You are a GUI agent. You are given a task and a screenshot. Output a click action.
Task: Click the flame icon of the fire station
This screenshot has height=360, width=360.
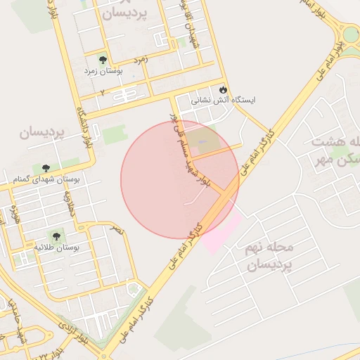tap(224, 89)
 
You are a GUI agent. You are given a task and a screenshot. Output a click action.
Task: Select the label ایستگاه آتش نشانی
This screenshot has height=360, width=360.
tap(224, 101)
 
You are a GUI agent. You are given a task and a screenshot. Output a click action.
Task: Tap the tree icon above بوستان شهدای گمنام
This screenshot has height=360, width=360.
tap(46, 168)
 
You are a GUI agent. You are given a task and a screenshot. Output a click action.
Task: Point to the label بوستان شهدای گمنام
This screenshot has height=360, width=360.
tap(46, 180)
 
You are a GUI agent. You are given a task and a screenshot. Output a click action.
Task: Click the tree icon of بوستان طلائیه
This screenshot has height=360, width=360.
tap(56, 236)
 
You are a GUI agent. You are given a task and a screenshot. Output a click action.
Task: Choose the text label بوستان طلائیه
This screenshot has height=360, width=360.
tap(57, 248)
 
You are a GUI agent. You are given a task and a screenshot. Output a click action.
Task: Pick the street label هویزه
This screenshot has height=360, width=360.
tap(15, 214)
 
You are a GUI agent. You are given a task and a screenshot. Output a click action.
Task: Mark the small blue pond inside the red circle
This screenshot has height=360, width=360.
tap(202, 143)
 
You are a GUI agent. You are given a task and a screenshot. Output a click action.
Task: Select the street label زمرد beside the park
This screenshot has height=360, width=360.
tap(140, 60)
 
